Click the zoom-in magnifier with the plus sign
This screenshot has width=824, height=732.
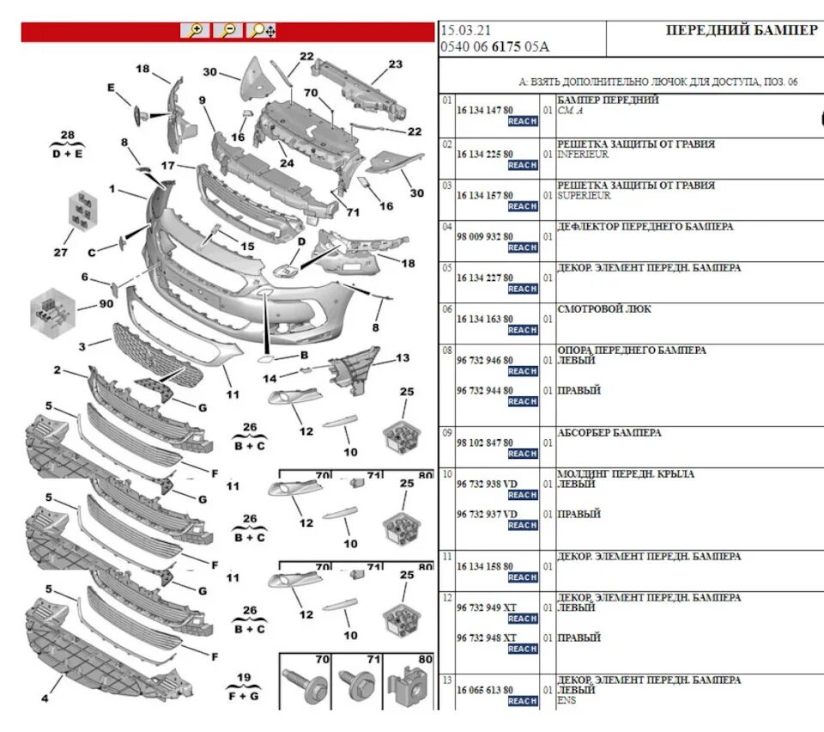(x=195, y=31)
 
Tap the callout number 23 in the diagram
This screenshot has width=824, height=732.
(x=395, y=64)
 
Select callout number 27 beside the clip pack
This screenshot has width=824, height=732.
(x=60, y=253)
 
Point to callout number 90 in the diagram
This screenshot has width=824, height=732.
(x=106, y=305)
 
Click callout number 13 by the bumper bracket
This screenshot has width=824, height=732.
(x=403, y=357)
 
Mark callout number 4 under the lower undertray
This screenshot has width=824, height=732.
(x=45, y=698)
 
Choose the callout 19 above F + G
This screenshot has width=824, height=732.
(x=243, y=676)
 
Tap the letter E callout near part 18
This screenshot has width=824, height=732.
(x=111, y=88)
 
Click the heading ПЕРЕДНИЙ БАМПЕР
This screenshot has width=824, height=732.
(x=742, y=30)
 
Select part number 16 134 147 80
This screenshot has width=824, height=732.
(x=485, y=111)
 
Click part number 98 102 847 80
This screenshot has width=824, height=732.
(x=485, y=442)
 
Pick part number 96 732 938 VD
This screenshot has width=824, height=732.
(x=487, y=484)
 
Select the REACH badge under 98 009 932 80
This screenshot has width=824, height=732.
(x=522, y=247)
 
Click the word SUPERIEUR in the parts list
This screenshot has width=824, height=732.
(x=584, y=196)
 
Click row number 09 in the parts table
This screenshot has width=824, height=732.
(x=446, y=433)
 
